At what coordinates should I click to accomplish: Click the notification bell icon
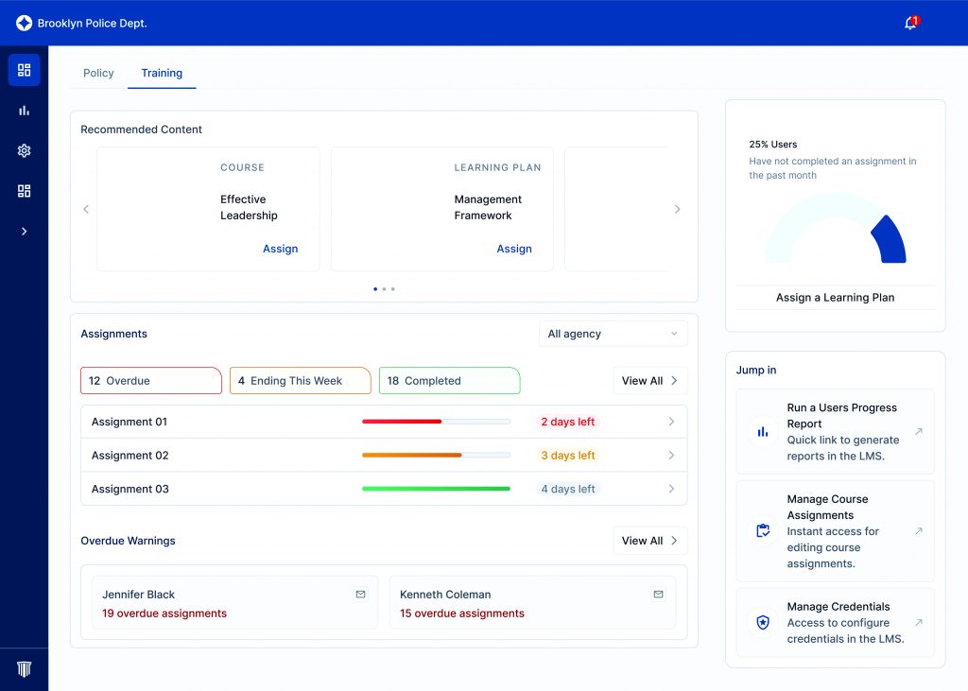(910, 24)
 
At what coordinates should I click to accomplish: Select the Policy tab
(98, 73)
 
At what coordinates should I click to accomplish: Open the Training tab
(162, 73)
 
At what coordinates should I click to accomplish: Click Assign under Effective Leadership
(280, 249)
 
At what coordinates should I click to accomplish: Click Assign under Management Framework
(514, 249)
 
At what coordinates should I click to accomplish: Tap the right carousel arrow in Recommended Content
(677, 209)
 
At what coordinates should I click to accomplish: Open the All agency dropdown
(613, 334)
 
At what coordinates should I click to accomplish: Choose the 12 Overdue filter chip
(150, 381)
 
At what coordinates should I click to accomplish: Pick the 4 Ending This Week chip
(300, 381)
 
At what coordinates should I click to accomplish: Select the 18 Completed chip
(449, 381)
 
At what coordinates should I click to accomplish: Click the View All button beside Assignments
(649, 381)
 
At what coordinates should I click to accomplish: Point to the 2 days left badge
(567, 422)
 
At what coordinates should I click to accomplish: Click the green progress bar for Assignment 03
(436, 489)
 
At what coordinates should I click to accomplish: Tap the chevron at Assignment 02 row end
(671, 456)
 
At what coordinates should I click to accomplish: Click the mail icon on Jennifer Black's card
(360, 595)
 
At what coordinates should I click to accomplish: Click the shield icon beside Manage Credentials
(762, 623)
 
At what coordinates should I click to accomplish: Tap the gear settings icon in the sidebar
(25, 150)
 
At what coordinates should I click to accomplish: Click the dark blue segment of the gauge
(891, 240)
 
